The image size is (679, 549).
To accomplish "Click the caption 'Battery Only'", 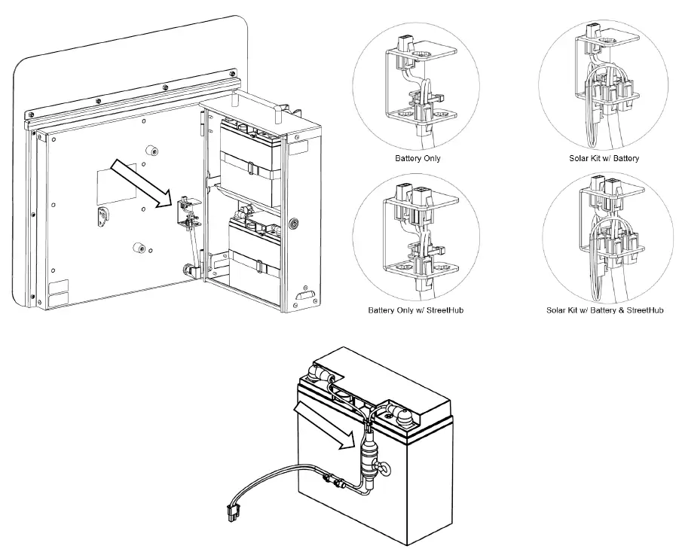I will point(417,159).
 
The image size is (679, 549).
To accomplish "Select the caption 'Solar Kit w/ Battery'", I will point(604,159).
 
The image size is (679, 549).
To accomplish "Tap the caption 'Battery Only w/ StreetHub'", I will point(415,310).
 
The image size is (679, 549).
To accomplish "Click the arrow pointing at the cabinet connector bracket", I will point(140,183).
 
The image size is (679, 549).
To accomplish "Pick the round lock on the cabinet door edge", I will point(294,225).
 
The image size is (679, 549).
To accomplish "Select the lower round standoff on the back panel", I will point(138,247).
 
